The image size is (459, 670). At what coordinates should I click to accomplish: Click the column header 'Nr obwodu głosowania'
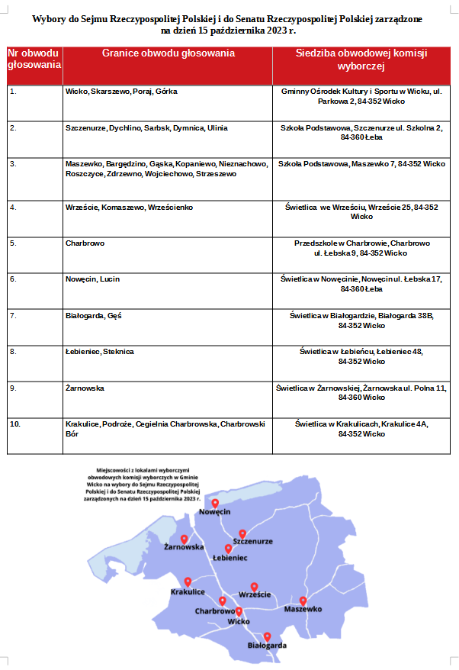point(34,59)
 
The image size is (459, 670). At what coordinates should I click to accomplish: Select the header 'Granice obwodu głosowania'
point(168,53)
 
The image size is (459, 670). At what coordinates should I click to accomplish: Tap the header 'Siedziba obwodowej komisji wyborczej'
point(361,60)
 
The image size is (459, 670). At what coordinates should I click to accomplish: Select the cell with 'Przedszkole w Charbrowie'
point(361,247)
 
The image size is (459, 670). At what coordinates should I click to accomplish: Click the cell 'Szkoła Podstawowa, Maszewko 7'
point(361,164)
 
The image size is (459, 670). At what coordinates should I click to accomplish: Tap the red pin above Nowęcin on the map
point(215,503)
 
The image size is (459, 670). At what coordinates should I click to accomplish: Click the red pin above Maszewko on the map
point(303,601)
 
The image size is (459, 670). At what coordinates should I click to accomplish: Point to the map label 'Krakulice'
point(188,592)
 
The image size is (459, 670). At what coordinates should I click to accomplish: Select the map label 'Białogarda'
point(268,646)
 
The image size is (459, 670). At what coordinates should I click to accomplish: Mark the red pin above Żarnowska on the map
point(184,539)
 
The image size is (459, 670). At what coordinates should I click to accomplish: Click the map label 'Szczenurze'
point(252,541)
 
